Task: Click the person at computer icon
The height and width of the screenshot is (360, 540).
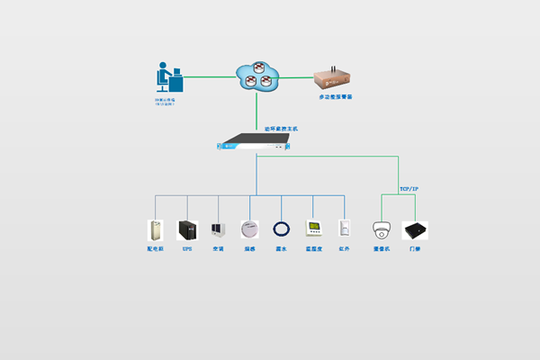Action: (x=168, y=79)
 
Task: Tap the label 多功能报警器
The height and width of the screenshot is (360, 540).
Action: (x=336, y=96)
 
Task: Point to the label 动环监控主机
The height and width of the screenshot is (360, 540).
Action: (x=281, y=129)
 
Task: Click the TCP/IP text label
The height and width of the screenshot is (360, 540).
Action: (x=409, y=188)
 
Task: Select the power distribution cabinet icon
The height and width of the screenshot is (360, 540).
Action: (x=155, y=229)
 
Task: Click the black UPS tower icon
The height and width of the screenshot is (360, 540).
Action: (x=187, y=229)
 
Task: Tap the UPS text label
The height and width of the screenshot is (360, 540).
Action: (x=187, y=248)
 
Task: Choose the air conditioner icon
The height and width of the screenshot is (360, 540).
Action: (x=218, y=229)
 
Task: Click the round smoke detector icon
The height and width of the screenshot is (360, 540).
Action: (x=249, y=229)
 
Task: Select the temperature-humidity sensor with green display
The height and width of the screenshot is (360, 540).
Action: (x=313, y=228)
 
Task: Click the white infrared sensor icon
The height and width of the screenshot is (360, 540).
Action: (x=343, y=229)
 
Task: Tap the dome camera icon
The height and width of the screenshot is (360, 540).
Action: (x=382, y=229)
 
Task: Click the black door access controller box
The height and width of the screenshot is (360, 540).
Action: (x=415, y=229)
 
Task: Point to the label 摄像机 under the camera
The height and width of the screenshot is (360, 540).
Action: (x=382, y=248)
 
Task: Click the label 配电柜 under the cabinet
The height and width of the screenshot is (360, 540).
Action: (x=155, y=248)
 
